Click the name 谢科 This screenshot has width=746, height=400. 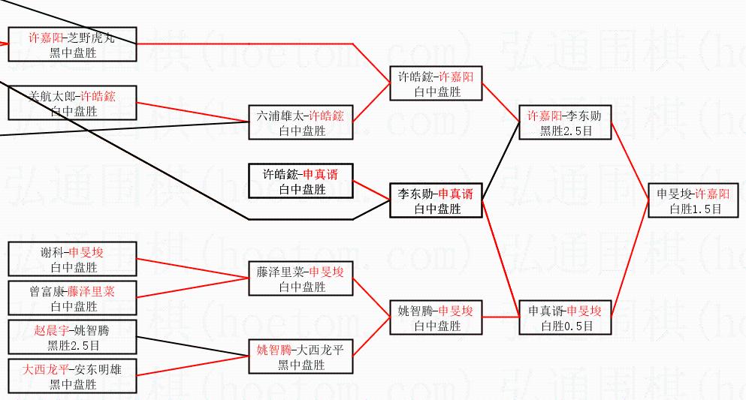point(54,252)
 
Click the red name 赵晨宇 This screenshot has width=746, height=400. point(50,329)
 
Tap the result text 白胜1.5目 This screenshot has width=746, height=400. point(694,209)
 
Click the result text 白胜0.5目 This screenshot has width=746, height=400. point(565,326)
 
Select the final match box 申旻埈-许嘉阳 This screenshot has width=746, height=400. point(694,200)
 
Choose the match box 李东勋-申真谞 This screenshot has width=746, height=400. point(435,200)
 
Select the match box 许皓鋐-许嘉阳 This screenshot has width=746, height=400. point(436,83)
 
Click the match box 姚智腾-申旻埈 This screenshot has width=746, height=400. point(436,317)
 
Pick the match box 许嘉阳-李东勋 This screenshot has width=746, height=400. point(565,122)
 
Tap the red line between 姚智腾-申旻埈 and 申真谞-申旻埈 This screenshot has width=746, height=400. point(500,317)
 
